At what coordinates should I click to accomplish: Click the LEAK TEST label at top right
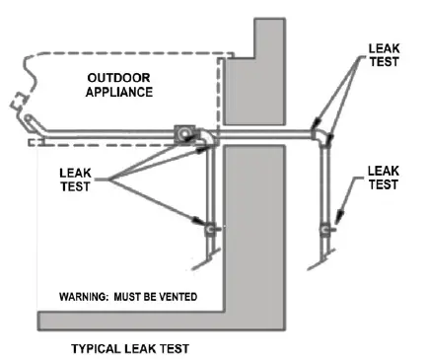click(384, 54)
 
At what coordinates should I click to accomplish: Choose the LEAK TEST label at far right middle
click(385, 178)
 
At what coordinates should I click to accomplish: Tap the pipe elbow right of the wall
click(322, 133)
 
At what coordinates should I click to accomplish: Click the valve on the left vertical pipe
click(209, 229)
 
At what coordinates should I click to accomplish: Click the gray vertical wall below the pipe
click(251, 227)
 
